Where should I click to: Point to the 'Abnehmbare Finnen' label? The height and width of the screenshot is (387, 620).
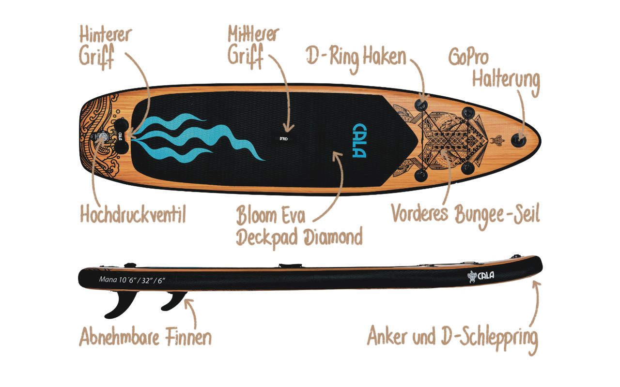point(145,337)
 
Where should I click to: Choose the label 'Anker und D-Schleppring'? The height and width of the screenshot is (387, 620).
point(452,337)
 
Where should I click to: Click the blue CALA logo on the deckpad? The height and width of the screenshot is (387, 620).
point(359,141)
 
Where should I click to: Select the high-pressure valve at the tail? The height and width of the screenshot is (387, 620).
point(103,138)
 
